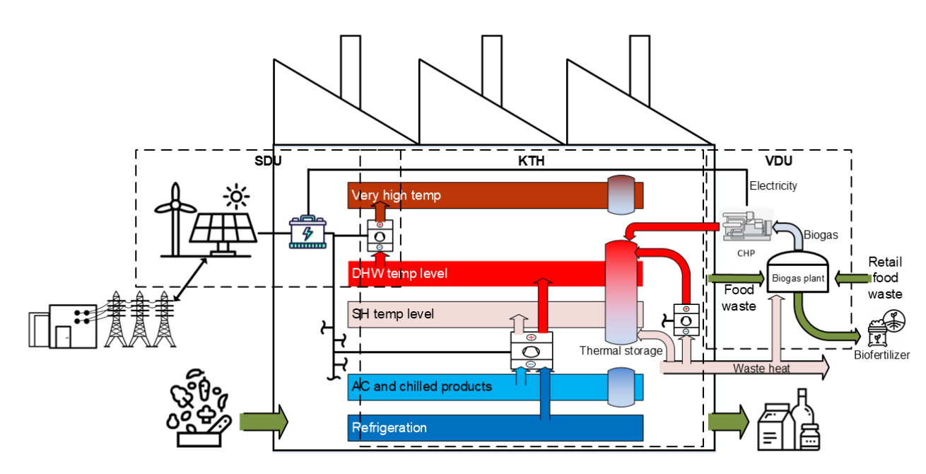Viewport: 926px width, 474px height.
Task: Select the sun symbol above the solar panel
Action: pos(235,196)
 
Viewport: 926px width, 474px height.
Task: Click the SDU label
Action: pos(268,161)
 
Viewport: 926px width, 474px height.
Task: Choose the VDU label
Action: pos(779,161)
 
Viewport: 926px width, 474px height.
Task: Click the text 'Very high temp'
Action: pos(397,195)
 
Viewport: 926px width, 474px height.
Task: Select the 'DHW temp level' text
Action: pos(399,273)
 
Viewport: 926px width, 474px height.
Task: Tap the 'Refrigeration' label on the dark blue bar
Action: pos(389,427)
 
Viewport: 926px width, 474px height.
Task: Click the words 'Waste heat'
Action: pos(761,368)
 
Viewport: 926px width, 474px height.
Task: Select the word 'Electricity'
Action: pos(773,186)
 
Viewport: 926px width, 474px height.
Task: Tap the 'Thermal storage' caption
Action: pos(621,351)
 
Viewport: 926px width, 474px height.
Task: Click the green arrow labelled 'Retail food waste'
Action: pos(848,278)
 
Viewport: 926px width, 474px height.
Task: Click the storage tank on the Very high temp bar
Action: pos(622,195)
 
